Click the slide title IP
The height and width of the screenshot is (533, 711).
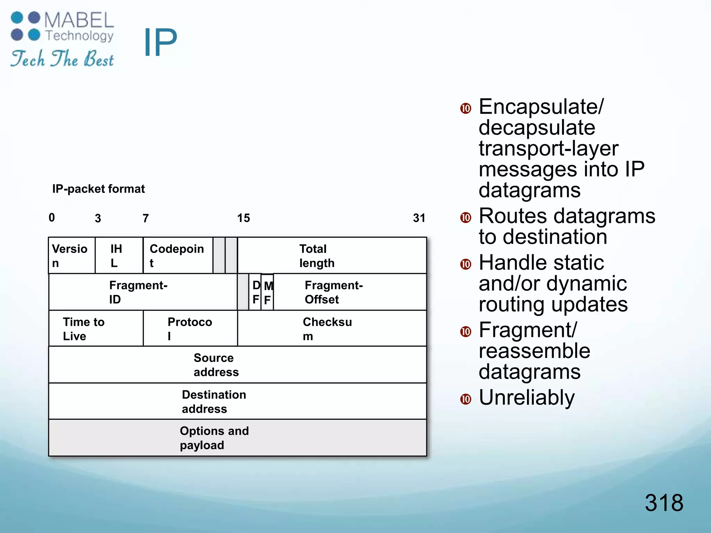coord(160,42)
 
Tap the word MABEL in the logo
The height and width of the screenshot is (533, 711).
coord(79,20)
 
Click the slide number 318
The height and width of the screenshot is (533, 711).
coord(664,502)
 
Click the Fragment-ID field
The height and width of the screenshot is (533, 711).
coord(143,292)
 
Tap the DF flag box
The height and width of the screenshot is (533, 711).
coord(255,292)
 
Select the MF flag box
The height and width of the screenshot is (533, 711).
coord(267,292)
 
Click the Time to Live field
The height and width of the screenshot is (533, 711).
coord(96,329)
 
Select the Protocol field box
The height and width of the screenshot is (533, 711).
coord(190,329)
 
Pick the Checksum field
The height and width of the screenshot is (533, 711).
coord(332,329)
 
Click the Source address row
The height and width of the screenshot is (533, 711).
coord(237,365)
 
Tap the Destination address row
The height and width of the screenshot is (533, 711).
coord(237,401)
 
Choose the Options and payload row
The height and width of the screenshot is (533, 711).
coord(237,438)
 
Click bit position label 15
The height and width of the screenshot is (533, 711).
coord(243,218)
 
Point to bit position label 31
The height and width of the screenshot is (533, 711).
coord(419,218)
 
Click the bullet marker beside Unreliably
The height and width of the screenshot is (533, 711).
coord(466,399)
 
